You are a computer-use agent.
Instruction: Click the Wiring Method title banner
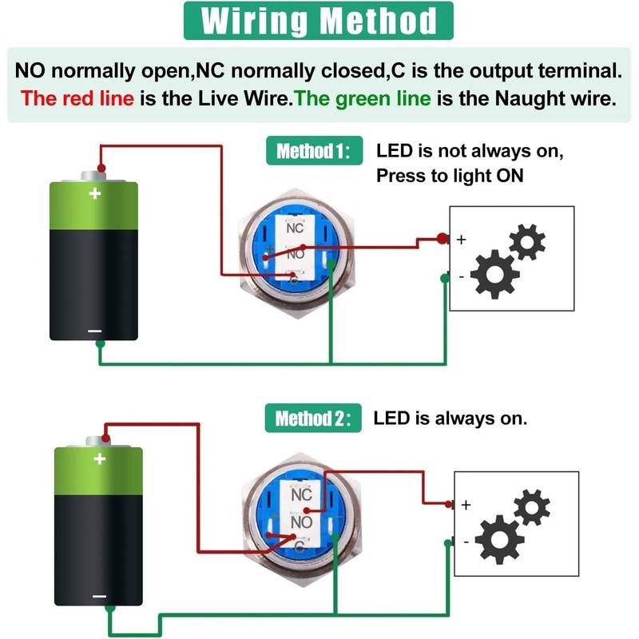(x=318, y=21)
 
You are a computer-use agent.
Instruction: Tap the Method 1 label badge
(x=314, y=150)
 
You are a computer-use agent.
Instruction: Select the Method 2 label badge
(x=313, y=418)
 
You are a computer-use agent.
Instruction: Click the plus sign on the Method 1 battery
(x=95, y=193)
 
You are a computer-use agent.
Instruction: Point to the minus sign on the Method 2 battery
(x=99, y=597)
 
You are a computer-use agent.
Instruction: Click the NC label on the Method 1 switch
(x=295, y=228)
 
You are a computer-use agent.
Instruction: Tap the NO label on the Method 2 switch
(x=301, y=522)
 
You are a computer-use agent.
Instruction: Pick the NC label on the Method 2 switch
(x=302, y=494)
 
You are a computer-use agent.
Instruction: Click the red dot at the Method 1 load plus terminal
(x=443, y=238)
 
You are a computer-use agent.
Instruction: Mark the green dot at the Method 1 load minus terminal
(x=445, y=278)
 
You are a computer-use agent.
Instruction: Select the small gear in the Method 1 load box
(x=527, y=242)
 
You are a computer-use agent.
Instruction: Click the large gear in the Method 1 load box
(x=494, y=275)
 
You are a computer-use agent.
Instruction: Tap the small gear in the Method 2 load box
(x=532, y=507)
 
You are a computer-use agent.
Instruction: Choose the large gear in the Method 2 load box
(x=500, y=540)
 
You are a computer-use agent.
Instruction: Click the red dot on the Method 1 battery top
(x=101, y=168)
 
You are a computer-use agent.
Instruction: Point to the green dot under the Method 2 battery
(x=110, y=609)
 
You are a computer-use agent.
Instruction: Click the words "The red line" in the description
(x=77, y=98)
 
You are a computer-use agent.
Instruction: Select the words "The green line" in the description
(x=363, y=98)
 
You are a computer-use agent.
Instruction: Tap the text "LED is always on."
(x=450, y=419)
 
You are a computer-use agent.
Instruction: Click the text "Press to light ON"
(x=450, y=176)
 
